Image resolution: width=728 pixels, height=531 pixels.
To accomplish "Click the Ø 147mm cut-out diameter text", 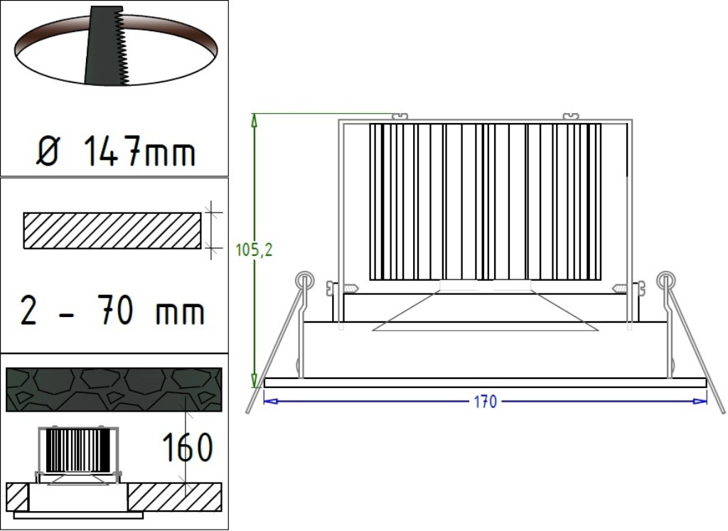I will pyautogui.click(x=114, y=151).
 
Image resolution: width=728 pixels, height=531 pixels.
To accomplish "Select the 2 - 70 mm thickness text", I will pyautogui.click(x=112, y=311).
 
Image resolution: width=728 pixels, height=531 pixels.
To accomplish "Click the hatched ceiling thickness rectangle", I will pyautogui.click(x=112, y=231).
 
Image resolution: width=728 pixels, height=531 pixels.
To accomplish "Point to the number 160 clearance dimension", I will pyautogui.click(x=187, y=448).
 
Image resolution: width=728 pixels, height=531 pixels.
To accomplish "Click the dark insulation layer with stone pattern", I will pyautogui.click(x=113, y=390).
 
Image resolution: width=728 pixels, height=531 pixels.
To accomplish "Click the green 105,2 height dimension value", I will pyautogui.click(x=254, y=250).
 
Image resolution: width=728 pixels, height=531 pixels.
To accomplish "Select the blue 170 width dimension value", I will pyautogui.click(x=485, y=402).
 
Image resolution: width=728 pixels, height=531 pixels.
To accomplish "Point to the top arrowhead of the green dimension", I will pyautogui.click(x=254, y=118).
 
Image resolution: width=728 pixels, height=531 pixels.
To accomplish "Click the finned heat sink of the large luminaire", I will pyautogui.click(x=485, y=202).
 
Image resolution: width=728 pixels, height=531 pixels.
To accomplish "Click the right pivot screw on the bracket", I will pyautogui.click(x=637, y=288).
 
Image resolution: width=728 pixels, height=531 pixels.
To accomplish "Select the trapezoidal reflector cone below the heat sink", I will pyautogui.click(x=485, y=313).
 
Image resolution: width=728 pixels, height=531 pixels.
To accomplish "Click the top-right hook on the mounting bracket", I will pyautogui.click(x=571, y=115).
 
